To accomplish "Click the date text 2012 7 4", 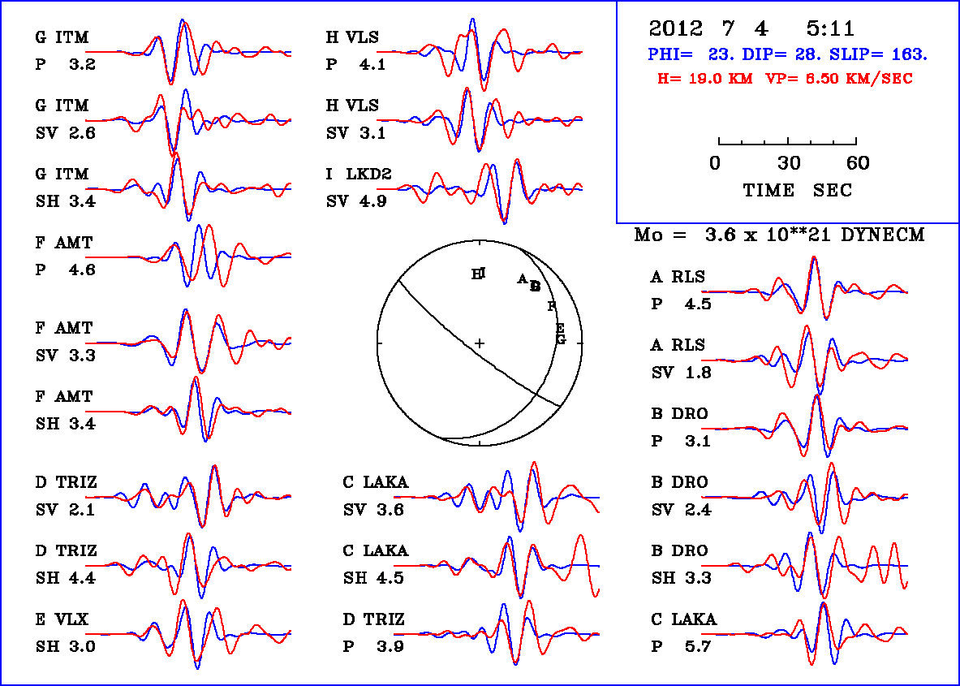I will click(x=708, y=29).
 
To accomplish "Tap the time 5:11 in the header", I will click(x=830, y=29).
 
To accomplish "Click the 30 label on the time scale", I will click(x=789, y=163).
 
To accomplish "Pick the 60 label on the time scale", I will click(x=858, y=163).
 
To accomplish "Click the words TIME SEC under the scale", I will click(x=798, y=190).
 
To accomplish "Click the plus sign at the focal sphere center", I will click(x=480, y=343).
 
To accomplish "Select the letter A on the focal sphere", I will click(x=522, y=278).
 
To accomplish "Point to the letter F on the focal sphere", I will click(x=552, y=306).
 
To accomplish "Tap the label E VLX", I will click(x=62, y=620).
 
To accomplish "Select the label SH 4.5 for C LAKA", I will click(x=373, y=578).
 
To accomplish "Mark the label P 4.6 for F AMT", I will click(x=65, y=270).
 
